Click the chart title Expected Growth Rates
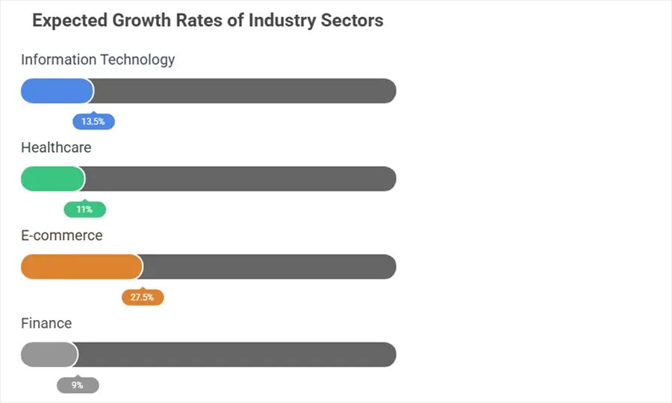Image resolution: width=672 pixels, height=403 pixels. (x=208, y=20)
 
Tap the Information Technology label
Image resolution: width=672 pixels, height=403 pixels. (x=98, y=60)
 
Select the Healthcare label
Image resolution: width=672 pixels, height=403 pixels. (x=56, y=148)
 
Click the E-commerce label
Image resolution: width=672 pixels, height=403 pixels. (x=61, y=236)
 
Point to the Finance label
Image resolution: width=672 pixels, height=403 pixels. (x=46, y=324)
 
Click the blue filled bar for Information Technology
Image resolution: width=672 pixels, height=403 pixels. (x=57, y=91)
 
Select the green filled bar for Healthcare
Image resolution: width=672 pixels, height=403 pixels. (x=52, y=179)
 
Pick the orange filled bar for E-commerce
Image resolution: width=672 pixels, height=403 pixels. (x=81, y=267)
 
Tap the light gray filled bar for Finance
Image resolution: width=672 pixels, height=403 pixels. (x=49, y=355)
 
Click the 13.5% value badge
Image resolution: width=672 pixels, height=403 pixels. (x=93, y=122)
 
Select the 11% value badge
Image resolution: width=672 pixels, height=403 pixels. (x=84, y=210)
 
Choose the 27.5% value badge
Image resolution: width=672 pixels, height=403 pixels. (x=142, y=298)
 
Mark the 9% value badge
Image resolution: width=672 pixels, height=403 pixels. (x=78, y=386)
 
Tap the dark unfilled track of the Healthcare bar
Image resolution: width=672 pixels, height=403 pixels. (x=240, y=179)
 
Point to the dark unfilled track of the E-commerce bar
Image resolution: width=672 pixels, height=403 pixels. (x=269, y=267)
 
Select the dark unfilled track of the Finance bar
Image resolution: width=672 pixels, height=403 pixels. (x=236, y=355)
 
